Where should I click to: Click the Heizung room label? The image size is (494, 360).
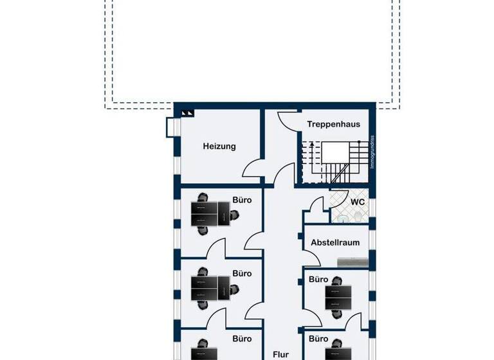click(x=219, y=146)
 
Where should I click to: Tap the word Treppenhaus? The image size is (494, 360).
click(x=333, y=125)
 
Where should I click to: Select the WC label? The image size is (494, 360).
click(x=358, y=202)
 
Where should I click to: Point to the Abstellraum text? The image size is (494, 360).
click(x=334, y=242)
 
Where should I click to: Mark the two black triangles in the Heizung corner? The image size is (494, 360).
click(x=187, y=113)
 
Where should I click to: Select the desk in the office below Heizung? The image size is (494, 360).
click(x=211, y=214)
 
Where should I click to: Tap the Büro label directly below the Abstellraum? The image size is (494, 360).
click(x=318, y=280)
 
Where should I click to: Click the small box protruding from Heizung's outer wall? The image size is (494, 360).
click(x=170, y=127)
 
